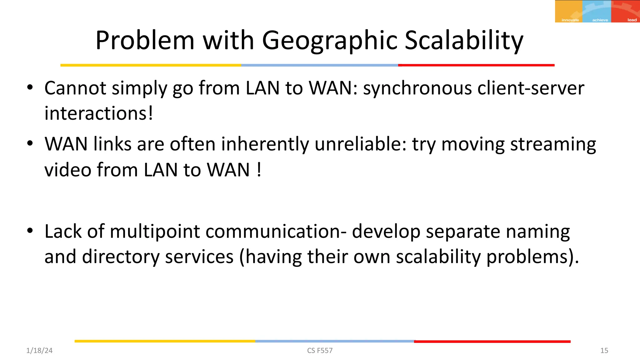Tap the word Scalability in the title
[464, 41]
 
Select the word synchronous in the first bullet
[417, 88]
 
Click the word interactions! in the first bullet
[99, 113]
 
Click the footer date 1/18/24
[39, 351]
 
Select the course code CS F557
[320, 351]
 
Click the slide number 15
[604, 351]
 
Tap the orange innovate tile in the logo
[568, 11]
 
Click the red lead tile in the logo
[625, 11]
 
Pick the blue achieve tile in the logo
[597, 11]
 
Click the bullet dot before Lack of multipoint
[30, 231]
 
